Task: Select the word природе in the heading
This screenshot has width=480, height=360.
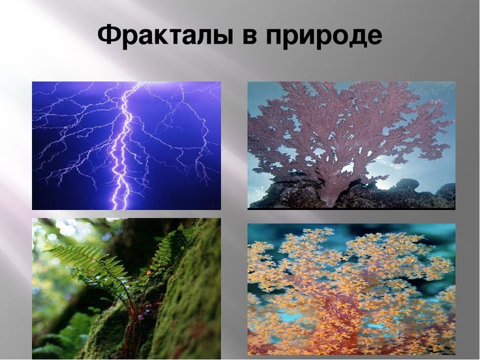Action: pyautogui.click(x=323, y=37)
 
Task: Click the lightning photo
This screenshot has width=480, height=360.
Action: pyautogui.click(x=127, y=145)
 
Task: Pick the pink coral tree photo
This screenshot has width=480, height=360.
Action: pyautogui.click(x=352, y=145)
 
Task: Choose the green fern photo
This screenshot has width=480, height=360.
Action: pyautogui.click(x=127, y=289)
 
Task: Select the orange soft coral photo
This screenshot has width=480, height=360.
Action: pyautogui.click(x=352, y=289)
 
